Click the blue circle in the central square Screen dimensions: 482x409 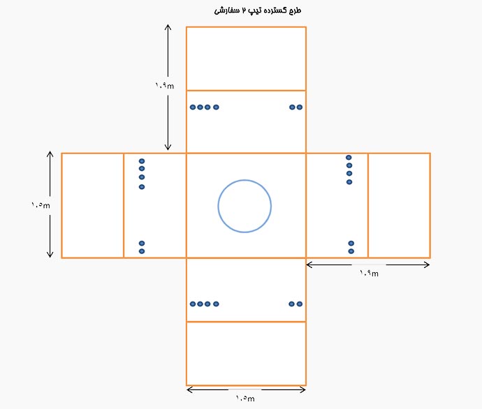(218, 206)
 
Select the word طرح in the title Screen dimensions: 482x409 (295, 10)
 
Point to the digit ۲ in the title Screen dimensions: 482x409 (244, 10)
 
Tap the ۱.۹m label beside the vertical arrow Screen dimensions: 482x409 (164, 85)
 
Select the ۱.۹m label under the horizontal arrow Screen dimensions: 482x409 (369, 273)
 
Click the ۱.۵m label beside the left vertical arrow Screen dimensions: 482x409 (41, 204)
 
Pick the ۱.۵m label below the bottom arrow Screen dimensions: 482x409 (245, 399)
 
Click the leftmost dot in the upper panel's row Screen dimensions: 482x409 (193, 107)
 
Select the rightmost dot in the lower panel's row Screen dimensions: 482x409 (300, 304)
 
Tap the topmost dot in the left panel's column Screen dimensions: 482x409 (142, 161)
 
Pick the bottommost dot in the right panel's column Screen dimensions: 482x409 (351, 251)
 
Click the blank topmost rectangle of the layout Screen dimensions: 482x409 (246, 59)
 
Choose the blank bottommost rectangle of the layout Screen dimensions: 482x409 (246, 353)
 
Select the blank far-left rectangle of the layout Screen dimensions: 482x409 (92, 205)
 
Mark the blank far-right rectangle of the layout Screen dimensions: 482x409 (399, 205)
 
